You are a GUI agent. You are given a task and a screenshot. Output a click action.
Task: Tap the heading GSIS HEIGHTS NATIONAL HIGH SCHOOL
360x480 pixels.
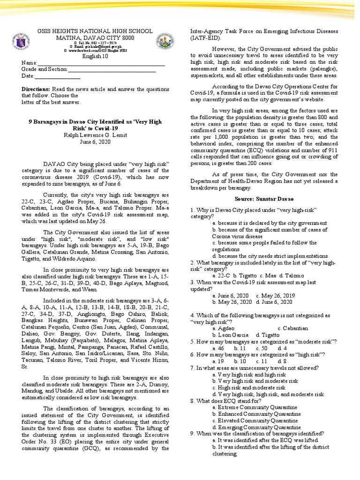(95, 31)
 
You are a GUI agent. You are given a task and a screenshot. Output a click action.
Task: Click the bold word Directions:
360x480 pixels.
(36, 89)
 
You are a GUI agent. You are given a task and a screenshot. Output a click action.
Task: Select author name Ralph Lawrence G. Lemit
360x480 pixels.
(95, 135)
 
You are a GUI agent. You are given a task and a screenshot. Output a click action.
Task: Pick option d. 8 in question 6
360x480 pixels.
(282, 361)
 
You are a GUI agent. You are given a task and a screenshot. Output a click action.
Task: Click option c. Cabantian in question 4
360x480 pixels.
(292, 329)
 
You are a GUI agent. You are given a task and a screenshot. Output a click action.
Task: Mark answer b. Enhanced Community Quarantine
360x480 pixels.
(256, 414)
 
